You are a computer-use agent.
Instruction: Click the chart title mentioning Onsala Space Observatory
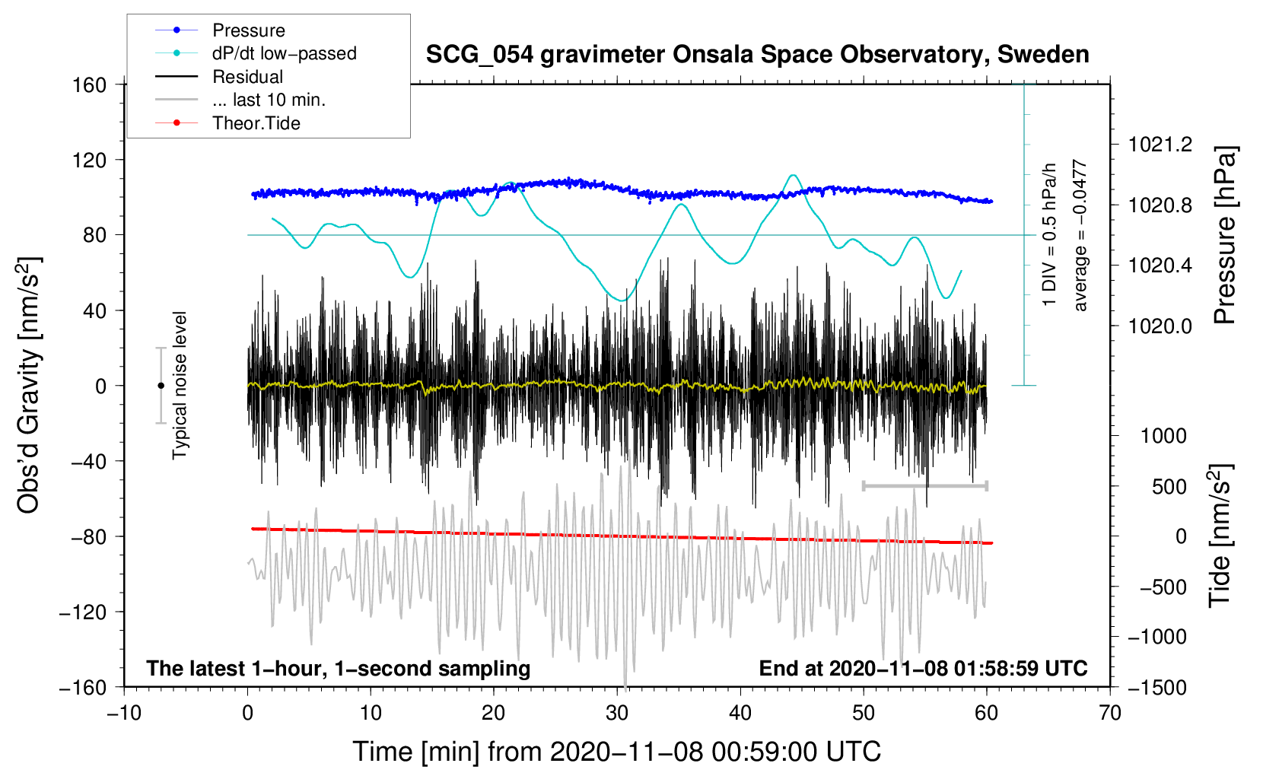(x=757, y=55)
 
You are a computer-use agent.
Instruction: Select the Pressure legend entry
(x=248, y=30)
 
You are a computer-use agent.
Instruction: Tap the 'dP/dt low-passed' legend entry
(x=284, y=53)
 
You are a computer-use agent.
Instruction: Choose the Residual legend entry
(x=247, y=77)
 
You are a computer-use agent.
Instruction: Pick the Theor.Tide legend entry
(x=256, y=123)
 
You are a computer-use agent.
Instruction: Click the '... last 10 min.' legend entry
(x=269, y=100)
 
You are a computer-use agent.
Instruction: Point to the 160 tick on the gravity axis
(x=90, y=84)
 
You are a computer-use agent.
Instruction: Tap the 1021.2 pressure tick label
(x=1160, y=145)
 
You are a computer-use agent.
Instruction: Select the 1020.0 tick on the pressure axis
(x=1160, y=326)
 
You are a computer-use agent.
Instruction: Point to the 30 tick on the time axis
(x=617, y=713)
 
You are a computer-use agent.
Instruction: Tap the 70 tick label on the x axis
(x=1110, y=713)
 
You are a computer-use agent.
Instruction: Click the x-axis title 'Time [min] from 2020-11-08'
(x=617, y=752)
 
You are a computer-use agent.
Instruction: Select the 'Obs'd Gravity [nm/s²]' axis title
(x=29, y=385)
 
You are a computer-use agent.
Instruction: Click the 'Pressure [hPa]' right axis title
(x=1223, y=235)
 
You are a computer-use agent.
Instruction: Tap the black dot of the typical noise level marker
(x=161, y=386)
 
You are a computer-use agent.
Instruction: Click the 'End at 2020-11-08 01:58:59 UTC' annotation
(x=923, y=669)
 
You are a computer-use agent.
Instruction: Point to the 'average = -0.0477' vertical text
(x=1080, y=235)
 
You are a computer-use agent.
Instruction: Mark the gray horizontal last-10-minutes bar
(x=924, y=485)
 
